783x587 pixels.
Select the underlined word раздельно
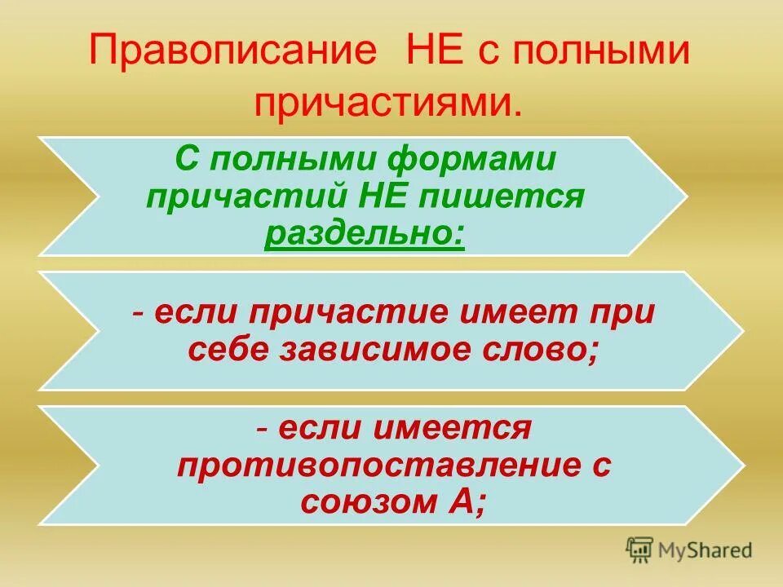365,235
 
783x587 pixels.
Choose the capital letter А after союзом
467,503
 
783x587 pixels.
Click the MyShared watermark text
706,550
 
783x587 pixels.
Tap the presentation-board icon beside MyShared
640,550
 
